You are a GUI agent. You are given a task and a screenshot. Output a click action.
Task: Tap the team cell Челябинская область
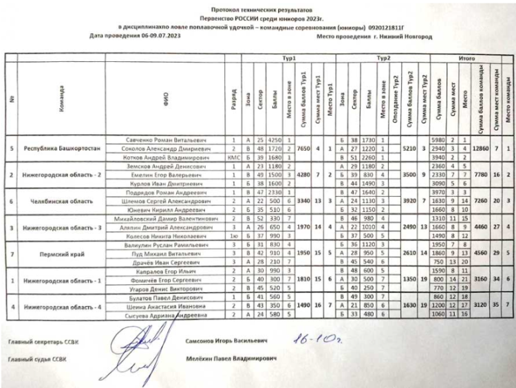(63, 201)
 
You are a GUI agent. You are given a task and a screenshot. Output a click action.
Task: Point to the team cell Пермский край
(63, 253)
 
